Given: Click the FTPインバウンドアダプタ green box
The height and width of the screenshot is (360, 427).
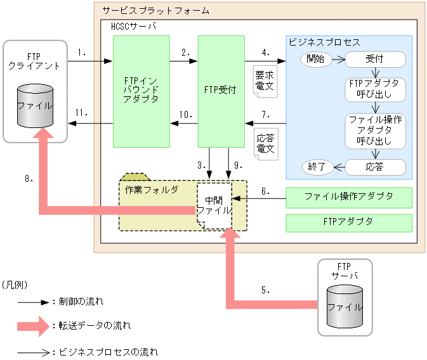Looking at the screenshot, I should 141,90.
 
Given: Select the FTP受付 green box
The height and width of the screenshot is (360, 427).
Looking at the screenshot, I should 221,90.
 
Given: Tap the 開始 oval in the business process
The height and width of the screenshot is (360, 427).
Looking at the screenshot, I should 315,60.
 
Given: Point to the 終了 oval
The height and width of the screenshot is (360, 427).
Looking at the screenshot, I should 316,167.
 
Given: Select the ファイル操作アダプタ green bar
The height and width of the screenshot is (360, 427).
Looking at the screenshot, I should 349,197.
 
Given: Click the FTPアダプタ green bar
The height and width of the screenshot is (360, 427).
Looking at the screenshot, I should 349,222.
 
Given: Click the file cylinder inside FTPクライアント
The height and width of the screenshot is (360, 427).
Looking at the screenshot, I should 35,105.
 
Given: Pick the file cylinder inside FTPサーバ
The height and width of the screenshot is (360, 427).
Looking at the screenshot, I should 345,307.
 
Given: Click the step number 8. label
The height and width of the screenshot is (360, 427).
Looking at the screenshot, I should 29,179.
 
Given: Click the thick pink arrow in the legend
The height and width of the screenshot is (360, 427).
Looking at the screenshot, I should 30,326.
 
